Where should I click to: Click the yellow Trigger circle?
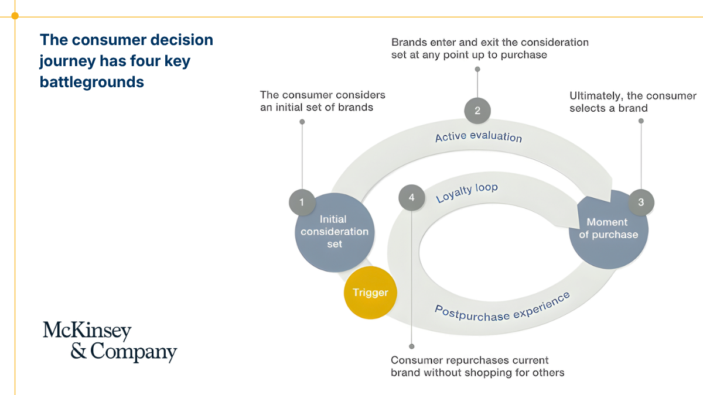click(370, 293)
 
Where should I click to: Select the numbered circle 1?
click(302, 202)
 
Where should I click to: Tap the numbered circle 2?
click(477, 110)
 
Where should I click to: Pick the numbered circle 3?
click(641, 202)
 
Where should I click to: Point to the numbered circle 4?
click(411, 198)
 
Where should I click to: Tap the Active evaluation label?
click(478, 137)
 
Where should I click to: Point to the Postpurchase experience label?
click(502, 307)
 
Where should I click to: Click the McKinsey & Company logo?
click(110, 342)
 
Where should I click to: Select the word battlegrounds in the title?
click(92, 83)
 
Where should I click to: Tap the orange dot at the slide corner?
click(15, 16)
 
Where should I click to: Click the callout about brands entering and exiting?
click(490, 49)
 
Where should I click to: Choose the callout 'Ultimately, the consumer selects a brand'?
click(633, 102)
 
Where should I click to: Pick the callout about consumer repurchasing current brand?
click(477, 366)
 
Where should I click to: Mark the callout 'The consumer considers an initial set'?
click(323, 101)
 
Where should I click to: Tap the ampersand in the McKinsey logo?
click(79, 352)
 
